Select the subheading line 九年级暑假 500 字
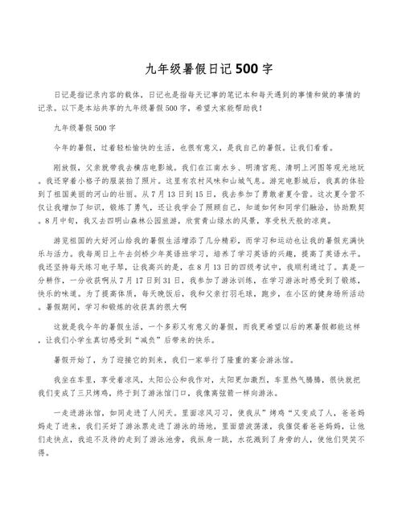[x=85, y=127]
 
